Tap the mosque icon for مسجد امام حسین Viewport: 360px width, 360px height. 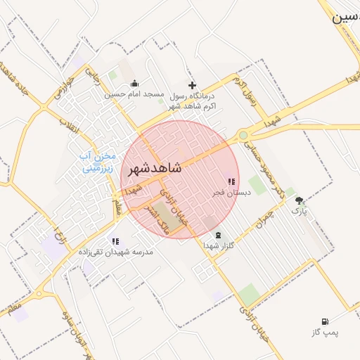tap(134, 84)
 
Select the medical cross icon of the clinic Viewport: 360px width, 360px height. tap(192, 85)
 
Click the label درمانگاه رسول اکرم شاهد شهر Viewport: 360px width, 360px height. tap(191, 100)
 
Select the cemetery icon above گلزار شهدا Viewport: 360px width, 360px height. tap(218, 235)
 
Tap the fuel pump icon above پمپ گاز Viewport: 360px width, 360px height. tap(325, 321)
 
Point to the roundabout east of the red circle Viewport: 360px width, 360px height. tap(243, 135)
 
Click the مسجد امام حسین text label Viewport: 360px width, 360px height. tap(134, 94)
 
